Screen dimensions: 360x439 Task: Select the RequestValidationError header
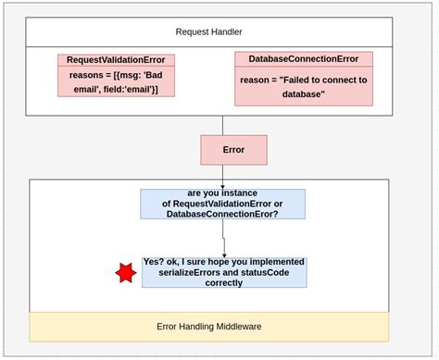[116, 60]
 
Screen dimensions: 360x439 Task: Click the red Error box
[233, 150]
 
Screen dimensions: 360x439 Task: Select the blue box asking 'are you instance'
[221, 204]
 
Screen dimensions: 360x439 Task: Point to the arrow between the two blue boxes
[222, 238]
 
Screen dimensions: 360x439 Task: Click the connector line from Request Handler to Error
[222, 125]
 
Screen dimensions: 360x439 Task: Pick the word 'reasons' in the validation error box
[82, 76]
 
